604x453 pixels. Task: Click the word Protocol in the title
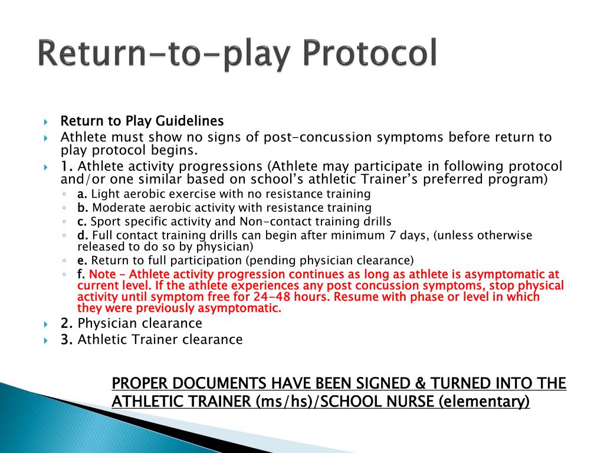click(370, 54)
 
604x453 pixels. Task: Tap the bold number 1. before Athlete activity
click(67, 166)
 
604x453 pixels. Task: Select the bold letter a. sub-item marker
click(83, 194)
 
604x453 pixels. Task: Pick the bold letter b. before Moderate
click(83, 208)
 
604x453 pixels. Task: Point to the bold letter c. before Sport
click(82, 222)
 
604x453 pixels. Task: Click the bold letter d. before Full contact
click(83, 236)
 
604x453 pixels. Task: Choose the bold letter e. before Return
click(83, 261)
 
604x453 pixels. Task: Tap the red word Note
click(103, 275)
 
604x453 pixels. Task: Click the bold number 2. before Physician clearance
click(67, 324)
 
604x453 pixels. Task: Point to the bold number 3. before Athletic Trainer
click(67, 340)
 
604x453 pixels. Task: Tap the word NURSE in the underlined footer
click(396, 402)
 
